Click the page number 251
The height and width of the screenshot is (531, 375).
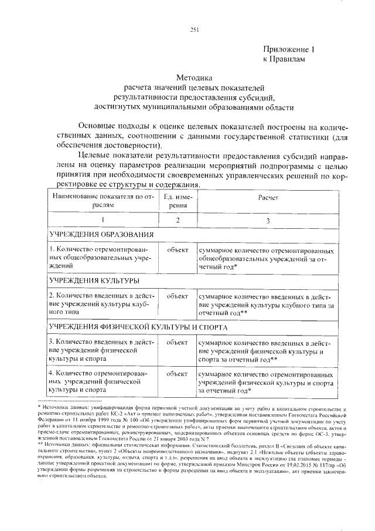coord(195,31)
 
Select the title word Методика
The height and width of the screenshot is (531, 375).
coord(195,77)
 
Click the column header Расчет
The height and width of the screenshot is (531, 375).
coord(268,197)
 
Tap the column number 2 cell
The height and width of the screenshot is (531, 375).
coord(177,221)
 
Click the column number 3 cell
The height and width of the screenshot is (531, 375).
coord(268,221)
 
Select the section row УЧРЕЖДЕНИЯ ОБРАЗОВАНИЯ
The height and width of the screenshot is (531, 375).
coord(97,235)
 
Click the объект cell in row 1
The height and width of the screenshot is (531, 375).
coord(177,250)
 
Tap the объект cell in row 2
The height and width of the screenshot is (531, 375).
coord(177,296)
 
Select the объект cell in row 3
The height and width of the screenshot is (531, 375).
coord(177,341)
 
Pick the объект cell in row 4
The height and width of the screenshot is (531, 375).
coord(177,373)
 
